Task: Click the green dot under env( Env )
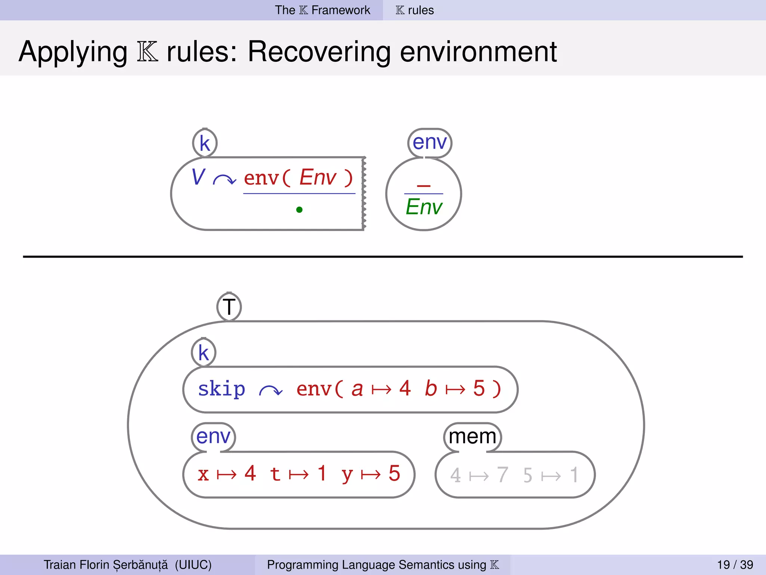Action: pos(299,210)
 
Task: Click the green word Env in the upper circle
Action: pos(424,207)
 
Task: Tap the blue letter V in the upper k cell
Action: pos(198,177)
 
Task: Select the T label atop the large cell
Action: pos(229,307)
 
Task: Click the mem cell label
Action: pos(472,436)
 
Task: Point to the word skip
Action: pos(221,389)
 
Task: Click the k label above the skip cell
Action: pos(203,353)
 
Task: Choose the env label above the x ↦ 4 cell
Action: pos(213,436)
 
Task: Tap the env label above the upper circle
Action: pos(430,143)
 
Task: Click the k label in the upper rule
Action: pos(205,143)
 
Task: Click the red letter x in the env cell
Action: pos(203,475)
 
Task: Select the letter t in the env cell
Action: pos(275,474)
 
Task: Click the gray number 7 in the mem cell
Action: pos(503,475)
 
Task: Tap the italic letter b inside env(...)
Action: pos(431,388)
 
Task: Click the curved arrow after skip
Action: pos(271,391)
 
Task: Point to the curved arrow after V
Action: pos(224,180)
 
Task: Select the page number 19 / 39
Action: pos(735,565)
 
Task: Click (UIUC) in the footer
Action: pos(193,565)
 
